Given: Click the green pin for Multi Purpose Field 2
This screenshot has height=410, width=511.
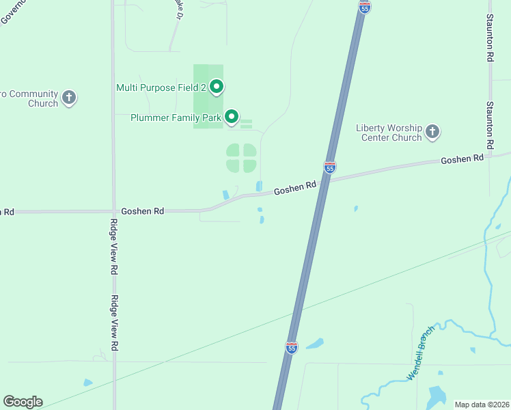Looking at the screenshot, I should (217, 86).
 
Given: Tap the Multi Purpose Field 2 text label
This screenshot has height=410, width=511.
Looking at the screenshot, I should (162, 87).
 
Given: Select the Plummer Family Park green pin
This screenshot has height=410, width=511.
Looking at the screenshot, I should (232, 117).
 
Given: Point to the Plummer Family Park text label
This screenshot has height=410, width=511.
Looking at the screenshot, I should (176, 118).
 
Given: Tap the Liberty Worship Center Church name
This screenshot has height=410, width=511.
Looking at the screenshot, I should (389, 133).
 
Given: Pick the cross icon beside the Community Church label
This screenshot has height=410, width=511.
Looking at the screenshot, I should (69, 97).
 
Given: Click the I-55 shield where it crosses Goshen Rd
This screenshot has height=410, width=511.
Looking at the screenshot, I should (329, 167).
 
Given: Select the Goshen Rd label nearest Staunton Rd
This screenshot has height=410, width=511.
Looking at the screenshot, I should (462, 159).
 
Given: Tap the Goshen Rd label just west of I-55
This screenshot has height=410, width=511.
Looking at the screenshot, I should (295, 187).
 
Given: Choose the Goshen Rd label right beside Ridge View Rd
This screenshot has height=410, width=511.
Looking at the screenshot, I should (142, 211).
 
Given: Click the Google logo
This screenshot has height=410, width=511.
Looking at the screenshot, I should (23, 402).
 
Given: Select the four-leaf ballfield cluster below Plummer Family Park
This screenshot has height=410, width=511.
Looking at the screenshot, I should (241, 158).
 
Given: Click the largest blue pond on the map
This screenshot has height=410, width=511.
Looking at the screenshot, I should (436, 396).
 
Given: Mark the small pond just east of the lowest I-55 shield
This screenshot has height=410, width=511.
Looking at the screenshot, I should (315, 344).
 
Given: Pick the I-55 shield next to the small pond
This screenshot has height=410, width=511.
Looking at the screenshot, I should (292, 347).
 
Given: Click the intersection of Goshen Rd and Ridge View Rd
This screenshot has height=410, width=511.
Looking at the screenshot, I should (113, 212).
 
